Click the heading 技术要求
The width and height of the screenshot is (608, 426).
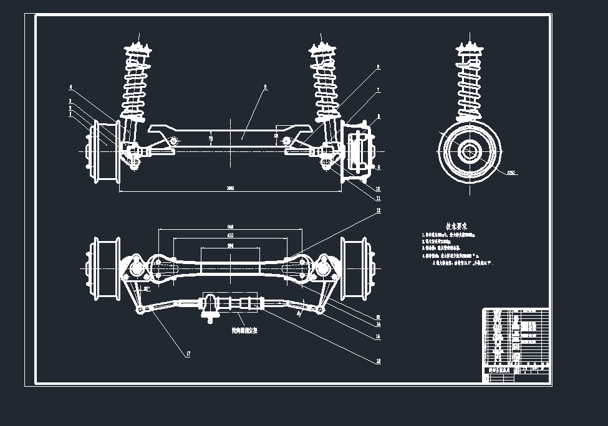457,226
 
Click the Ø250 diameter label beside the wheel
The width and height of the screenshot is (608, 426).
512,173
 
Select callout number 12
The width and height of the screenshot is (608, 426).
378,211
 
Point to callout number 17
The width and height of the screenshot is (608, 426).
188,354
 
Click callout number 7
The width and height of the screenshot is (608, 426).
378,91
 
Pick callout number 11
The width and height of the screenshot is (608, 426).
378,198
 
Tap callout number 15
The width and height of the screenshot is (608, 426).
378,337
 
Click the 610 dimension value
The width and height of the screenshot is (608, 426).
230,236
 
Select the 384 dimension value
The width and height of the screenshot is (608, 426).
230,247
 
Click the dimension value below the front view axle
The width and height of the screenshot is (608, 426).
230,188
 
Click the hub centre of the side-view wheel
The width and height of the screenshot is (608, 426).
469,152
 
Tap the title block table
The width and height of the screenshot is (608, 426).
516,344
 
